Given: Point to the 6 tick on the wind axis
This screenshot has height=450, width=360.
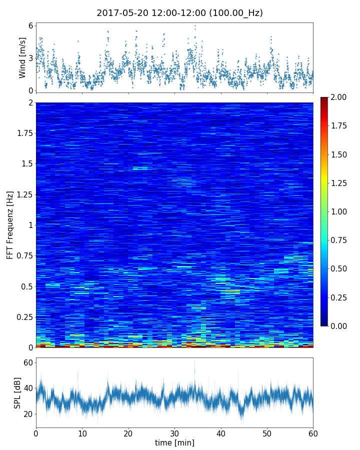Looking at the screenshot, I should [x=30, y=25].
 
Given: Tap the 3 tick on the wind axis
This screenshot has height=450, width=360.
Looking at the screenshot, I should [x=30, y=58].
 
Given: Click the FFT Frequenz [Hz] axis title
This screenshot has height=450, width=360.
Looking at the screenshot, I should [x=10, y=225].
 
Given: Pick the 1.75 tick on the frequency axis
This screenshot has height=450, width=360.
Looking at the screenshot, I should [x=24, y=133].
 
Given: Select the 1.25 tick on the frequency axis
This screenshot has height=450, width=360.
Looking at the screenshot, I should [x=24, y=194].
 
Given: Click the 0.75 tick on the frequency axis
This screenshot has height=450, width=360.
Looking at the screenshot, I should [x=24, y=256].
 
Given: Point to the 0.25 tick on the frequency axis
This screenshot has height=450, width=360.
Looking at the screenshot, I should [x=24, y=317].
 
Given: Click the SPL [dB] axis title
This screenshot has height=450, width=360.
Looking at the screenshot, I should [x=17, y=392].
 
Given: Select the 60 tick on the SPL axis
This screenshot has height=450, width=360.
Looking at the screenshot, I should [x=28, y=362].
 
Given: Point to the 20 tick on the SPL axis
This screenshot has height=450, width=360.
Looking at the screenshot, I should [x=28, y=414].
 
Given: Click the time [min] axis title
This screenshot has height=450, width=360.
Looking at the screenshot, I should [x=174, y=442].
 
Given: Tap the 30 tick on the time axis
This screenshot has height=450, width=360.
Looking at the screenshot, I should [x=174, y=432].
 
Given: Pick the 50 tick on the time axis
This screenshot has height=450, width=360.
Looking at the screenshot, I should [x=267, y=432].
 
